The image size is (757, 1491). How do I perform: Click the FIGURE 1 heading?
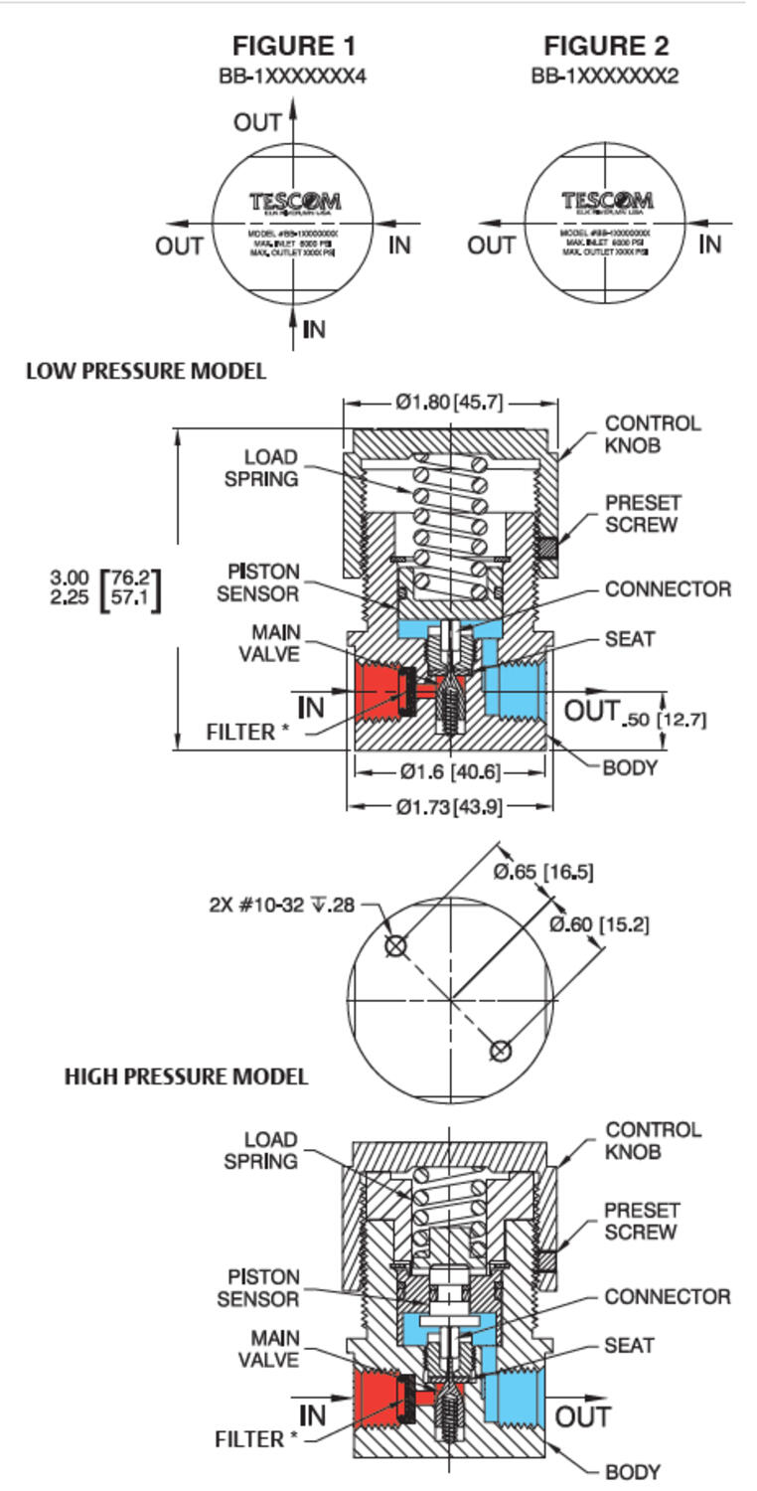(x=293, y=46)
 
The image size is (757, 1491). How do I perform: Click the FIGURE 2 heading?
(x=606, y=46)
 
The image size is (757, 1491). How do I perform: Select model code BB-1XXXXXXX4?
(x=293, y=76)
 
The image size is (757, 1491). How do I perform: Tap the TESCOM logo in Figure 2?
(x=606, y=202)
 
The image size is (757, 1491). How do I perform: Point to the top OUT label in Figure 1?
(x=257, y=122)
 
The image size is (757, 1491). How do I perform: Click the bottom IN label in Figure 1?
(x=314, y=329)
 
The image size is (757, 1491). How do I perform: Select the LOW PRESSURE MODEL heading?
(x=146, y=372)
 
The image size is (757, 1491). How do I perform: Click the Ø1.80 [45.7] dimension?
(x=450, y=403)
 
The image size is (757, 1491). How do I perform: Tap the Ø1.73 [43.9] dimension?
(x=449, y=807)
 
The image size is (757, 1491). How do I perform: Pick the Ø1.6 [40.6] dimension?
(x=450, y=771)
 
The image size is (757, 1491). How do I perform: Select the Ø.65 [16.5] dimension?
(x=543, y=872)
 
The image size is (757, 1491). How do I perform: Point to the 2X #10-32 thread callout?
(x=282, y=906)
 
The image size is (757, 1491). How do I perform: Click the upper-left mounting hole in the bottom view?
(x=395, y=945)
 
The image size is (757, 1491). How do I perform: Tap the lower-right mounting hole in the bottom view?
(x=501, y=1051)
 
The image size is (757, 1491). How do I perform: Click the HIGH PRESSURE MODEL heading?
(x=186, y=1077)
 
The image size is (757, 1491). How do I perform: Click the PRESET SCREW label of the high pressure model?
(x=642, y=1221)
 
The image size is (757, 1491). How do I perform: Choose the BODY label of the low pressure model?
(x=630, y=767)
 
